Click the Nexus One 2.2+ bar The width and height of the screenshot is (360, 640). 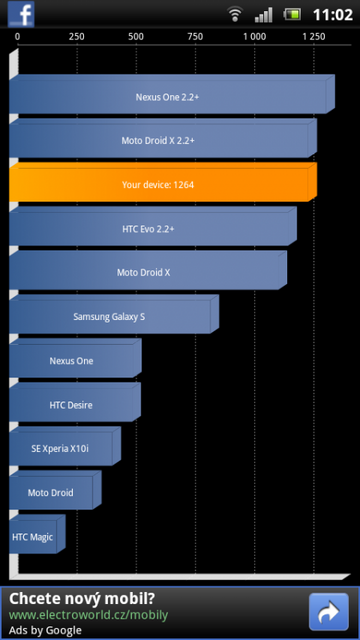pyautogui.click(x=168, y=98)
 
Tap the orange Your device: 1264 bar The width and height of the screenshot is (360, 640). pyautogui.click(x=160, y=185)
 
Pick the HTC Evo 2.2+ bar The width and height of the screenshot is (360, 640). pyautogui.click(x=150, y=229)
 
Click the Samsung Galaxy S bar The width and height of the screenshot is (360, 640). pyautogui.click(x=110, y=317)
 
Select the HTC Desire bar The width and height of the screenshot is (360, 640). pyautogui.click(x=72, y=405)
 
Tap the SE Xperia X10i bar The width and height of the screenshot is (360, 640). pyautogui.click(x=62, y=449)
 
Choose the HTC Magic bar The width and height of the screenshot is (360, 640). pyautogui.click(x=35, y=537)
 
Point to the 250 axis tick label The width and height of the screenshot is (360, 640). pyautogui.click(x=76, y=36)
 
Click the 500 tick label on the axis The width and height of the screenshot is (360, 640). pyautogui.click(x=135, y=36)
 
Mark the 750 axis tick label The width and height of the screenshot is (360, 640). pyautogui.click(x=195, y=36)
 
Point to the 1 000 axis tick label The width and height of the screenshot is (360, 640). pyautogui.click(x=255, y=36)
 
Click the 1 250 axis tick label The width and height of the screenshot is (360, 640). pyautogui.click(x=313, y=36)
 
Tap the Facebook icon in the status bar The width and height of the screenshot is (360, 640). pyautogui.click(x=21, y=14)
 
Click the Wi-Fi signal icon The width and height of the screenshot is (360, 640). pyautogui.click(x=236, y=14)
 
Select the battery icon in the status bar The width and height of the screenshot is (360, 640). pyautogui.click(x=292, y=14)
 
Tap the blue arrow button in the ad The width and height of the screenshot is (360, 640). pyautogui.click(x=327, y=612)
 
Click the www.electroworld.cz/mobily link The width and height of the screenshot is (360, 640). pyautogui.click(x=88, y=615)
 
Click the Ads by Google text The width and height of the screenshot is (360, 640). pyautogui.click(x=46, y=631)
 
